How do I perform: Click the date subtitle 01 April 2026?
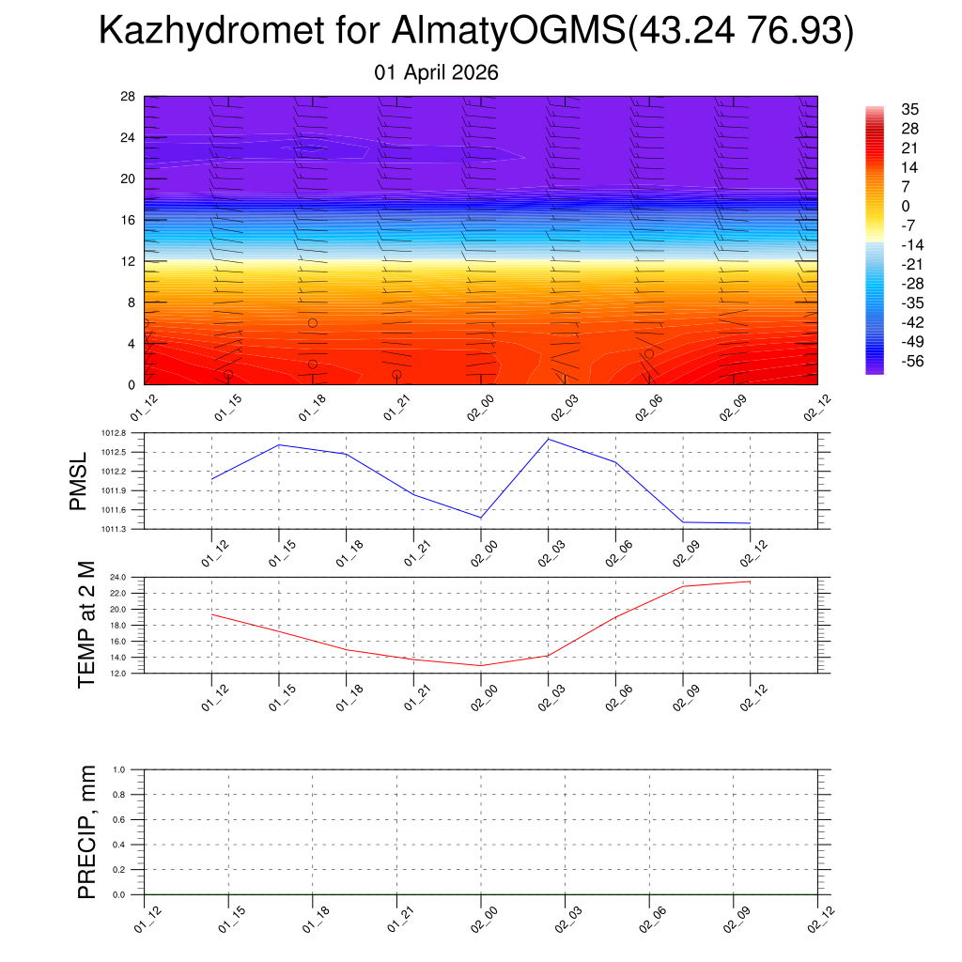436,72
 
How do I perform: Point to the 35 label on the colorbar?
908,109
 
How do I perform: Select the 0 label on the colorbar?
906,207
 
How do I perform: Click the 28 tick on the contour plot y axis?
129,97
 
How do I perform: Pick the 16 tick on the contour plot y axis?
129,220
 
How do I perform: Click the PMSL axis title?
78,481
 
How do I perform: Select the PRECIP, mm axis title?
87,831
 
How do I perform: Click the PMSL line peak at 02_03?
549,439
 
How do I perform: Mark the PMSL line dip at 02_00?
481,518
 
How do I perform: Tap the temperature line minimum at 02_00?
481,665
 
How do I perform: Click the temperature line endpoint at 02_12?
750,582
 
